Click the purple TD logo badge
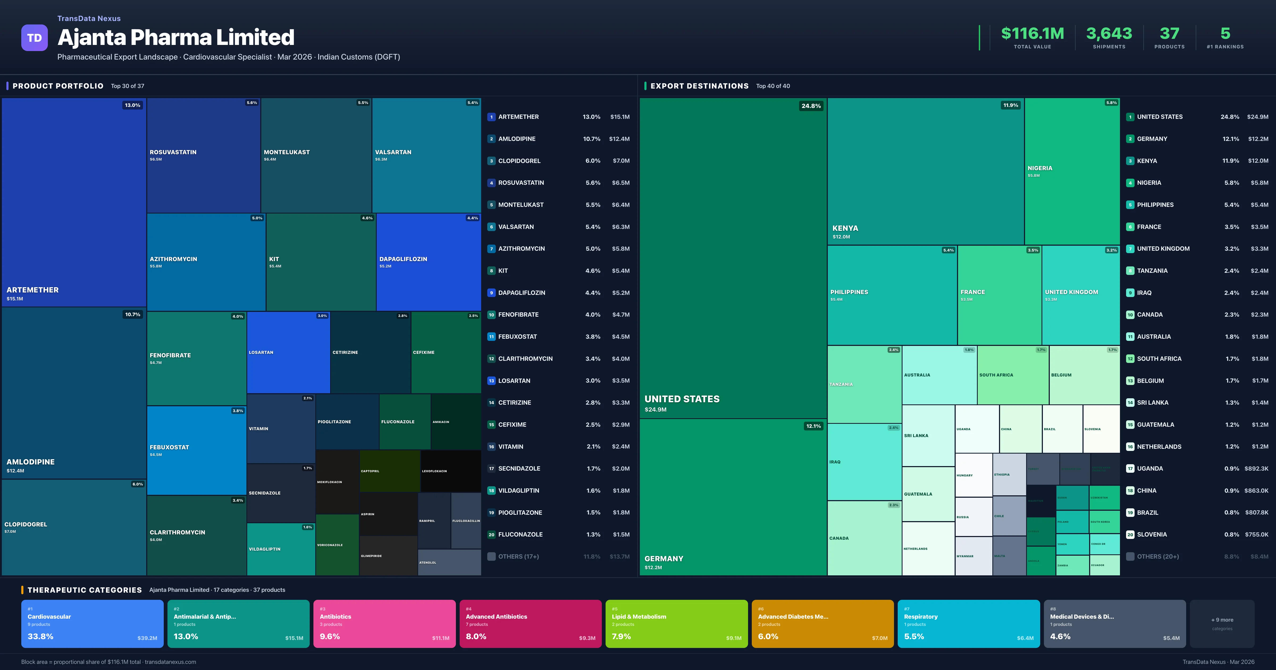(x=34, y=38)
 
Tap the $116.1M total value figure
(x=1032, y=34)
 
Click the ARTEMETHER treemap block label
(x=33, y=290)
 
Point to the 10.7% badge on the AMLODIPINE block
(x=133, y=314)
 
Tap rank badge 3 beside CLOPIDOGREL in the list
(x=491, y=161)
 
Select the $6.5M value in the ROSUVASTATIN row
(x=620, y=183)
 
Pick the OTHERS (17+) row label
(x=518, y=556)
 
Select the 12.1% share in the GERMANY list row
(x=1231, y=139)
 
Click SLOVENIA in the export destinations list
(x=1152, y=535)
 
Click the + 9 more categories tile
(x=1222, y=623)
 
